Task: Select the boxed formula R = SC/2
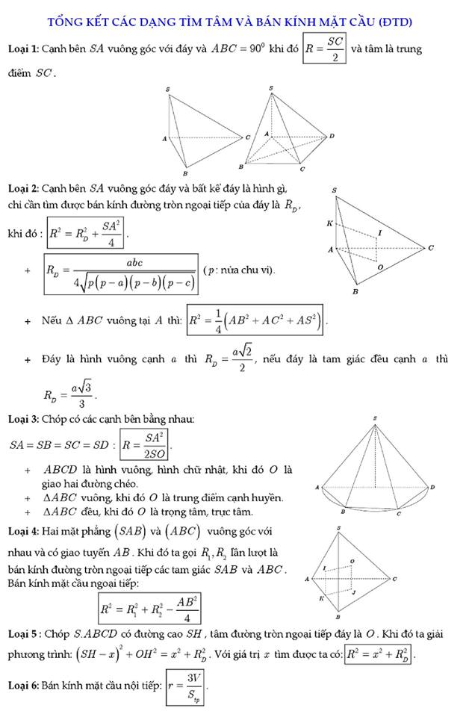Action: tap(325, 49)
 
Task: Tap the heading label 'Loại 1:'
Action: tap(23, 49)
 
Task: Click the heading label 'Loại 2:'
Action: tap(23, 186)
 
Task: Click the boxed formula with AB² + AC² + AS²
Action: tap(257, 320)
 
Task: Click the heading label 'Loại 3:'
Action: tap(23, 419)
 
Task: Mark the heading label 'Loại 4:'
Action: tap(23, 532)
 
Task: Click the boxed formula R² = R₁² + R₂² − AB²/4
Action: tap(149, 609)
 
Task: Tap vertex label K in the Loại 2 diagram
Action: tap(330, 223)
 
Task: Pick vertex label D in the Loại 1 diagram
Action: tap(331, 136)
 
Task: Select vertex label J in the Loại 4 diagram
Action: tap(354, 592)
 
